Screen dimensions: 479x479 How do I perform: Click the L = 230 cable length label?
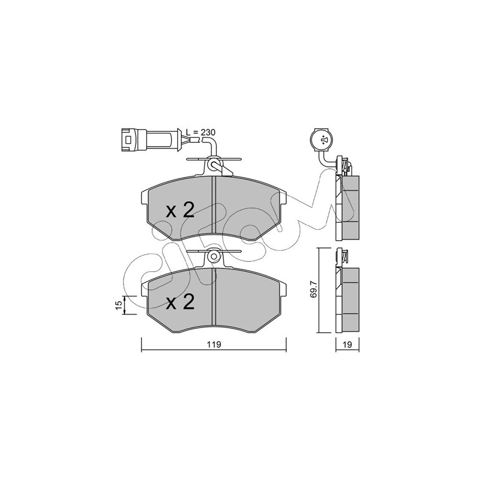pyautogui.click(x=201, y=132)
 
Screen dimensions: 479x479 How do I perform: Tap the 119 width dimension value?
pyautogui.click(x=214, y=345)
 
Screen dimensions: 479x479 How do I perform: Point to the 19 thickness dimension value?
pyautogui.click(x=347, y=345)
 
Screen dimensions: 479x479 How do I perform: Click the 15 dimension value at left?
pyautogui.click(x=119, y=305)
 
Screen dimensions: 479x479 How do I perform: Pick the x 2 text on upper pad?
pyautogui.click(x=180, y=211)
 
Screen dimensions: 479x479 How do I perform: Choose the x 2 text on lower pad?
pyautogui.click(x=180, y=302)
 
